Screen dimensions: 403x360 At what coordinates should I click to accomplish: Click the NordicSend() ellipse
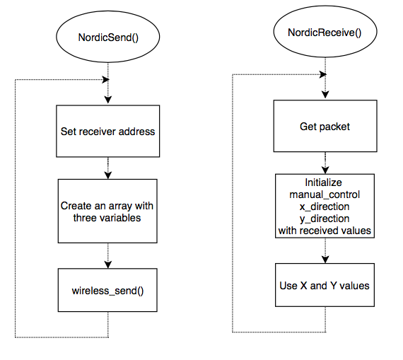pyautogui.click(x=108, y=37)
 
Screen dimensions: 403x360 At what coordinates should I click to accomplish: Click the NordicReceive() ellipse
pyautogui.click(x=325, y=31)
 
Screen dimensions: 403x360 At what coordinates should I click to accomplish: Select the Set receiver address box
pyautogui.click(x=108, y=131)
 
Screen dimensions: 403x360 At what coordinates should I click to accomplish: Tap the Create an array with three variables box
pyautogui.click(x=107, y=211)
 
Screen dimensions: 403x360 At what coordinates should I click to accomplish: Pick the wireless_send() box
pyautogui.click(x=107, y=290)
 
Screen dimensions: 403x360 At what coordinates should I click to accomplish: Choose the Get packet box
pyautogui.click(x=325, y=126)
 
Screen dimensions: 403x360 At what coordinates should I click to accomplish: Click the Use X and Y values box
pyautogui.click(x=325, y=285)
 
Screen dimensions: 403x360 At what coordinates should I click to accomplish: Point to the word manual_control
pyautogui.click(x=325, y=194)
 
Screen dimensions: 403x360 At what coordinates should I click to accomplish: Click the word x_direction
pyautogui.click(x=325, y=207)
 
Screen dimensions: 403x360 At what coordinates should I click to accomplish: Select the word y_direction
pyautogui.click(x=325, y=219)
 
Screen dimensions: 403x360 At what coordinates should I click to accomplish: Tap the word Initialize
pyautogui.click(x=323, y=182)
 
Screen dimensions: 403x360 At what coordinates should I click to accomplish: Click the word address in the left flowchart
pyautogui.click(x=136, y=132)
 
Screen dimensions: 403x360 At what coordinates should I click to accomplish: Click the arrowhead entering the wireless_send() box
pyautogui.click(x=108, y=265)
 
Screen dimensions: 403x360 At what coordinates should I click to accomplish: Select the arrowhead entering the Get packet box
pyautogui.click(x=325, y=95)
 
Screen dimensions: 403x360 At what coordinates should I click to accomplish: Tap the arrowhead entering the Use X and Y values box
pyautogui.click(x=325, y=259)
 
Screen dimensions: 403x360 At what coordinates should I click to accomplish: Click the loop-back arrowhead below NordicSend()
pyautogui.click(x=105, y=79)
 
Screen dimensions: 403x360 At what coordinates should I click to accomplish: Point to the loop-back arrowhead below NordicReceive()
pyautogui.click(x=323, y=74)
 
